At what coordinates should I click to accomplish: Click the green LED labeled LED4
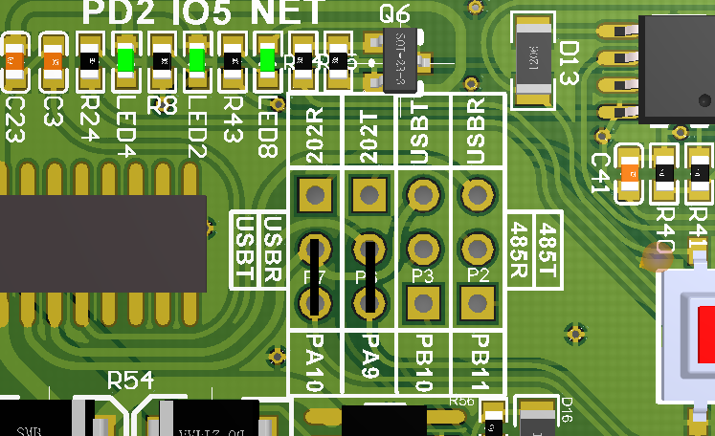click(x=125, y=60)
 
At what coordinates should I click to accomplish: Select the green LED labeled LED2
click(x=196, y=60)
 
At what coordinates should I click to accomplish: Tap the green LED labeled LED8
click(x=268, y=60)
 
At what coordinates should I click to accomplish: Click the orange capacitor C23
click(x=14, y=61)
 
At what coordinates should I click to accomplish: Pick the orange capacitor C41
click(x=630, y=173)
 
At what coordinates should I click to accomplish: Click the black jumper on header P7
click(x=314, y=276)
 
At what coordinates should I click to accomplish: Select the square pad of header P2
click(x=476, y=304)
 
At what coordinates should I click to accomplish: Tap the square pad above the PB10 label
click(x=422, y=304)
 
